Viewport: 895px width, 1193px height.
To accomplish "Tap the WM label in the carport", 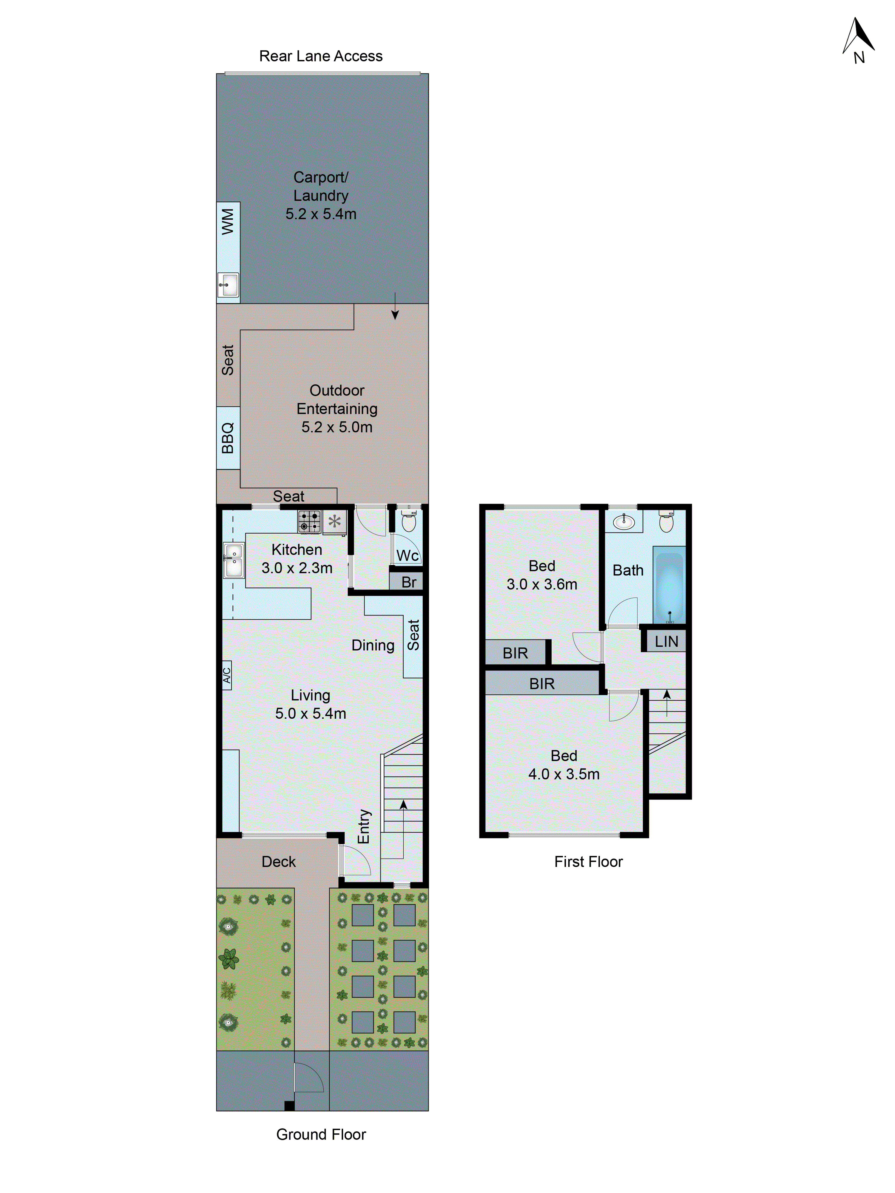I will coord(228,222).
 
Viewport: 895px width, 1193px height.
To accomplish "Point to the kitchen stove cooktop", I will coord(309,521).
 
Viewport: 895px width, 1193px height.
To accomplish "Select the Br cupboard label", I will coord(408,582).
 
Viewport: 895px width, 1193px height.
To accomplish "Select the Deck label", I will coord(278,861).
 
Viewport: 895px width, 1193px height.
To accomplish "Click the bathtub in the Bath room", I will coord(669,585).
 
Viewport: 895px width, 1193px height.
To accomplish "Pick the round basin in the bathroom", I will coord(624,521).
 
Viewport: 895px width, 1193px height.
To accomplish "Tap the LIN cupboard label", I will coord(666,641).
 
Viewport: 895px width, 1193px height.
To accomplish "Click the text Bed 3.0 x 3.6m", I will coord(542,575).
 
